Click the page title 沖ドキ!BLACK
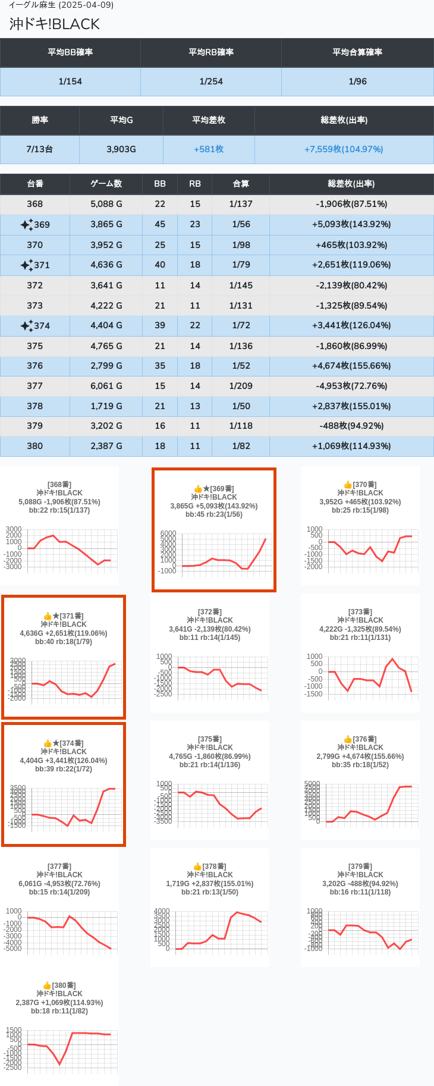tap(55, 24)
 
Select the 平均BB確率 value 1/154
tap(70, 81)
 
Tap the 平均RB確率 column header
tap(211, 52)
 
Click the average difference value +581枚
tap(209, 149)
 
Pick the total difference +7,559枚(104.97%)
tap(344, 149)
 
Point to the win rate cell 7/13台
tap(39, 149)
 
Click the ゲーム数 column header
tap(106, 184)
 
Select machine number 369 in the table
tap(42, 225)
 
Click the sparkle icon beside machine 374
tap(26, 326)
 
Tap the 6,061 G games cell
tap(106, 386)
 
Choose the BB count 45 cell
tap(160, 224)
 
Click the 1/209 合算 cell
tap(241, 386)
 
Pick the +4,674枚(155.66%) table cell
tap(351, 366)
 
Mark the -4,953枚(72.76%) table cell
tap(351, 386)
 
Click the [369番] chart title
tap(222, 489)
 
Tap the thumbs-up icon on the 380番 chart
tap(47, 985)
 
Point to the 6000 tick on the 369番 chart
tap(168, 533)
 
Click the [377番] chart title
tap(59, 867)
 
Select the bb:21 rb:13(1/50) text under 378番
tap(209, 892)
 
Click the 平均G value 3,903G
tap(121, 149)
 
